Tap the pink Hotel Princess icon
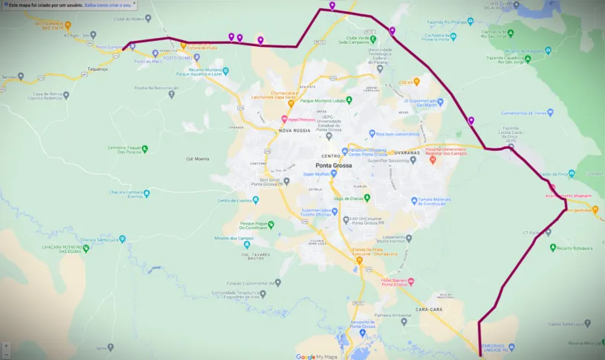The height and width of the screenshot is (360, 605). [x=284, y=119]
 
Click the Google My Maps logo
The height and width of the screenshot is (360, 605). [x=316, y=356]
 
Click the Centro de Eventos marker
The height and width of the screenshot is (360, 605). [x=213, y=201]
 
